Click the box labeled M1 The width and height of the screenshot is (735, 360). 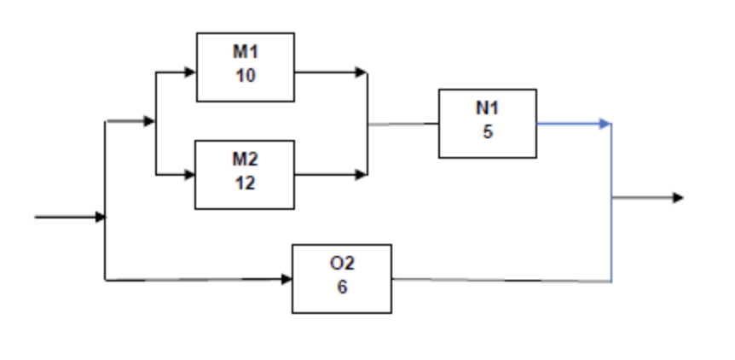[246, 67]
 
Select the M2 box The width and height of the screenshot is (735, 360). [245, 174]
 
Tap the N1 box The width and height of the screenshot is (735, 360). [488, 123]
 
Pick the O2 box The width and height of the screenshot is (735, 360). [342, 278]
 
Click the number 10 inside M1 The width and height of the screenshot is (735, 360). [246, 76]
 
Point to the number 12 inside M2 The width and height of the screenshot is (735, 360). [246, 183]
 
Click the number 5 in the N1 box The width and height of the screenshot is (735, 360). [488, 132]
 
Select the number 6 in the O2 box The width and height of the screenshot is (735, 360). [342, 287]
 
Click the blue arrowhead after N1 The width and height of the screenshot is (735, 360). [605, 124]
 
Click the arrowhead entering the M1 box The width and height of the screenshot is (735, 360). [190, 73]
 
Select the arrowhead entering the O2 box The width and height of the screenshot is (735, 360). [286, 279]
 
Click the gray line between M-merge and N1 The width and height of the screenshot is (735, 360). [403, 124]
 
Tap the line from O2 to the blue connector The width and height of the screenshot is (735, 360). [503, 280]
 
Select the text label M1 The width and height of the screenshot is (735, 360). [246, 51]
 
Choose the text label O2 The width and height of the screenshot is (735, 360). [342, 264]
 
